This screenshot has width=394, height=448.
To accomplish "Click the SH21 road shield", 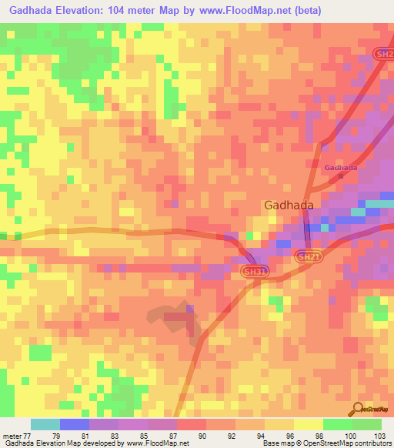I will point(306,256).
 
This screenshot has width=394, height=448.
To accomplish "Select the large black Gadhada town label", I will point(289,206).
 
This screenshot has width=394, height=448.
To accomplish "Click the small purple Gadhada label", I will point(340,168).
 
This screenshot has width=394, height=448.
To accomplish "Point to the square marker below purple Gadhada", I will point(341,175).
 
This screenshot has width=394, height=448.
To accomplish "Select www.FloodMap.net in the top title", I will point(235,11).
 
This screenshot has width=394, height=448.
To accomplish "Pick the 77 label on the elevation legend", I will point(26,435).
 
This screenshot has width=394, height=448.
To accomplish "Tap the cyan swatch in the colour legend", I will point(45,424).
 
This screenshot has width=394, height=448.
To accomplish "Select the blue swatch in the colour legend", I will point(75,424).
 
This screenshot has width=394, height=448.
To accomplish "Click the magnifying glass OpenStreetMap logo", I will point(358,409).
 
